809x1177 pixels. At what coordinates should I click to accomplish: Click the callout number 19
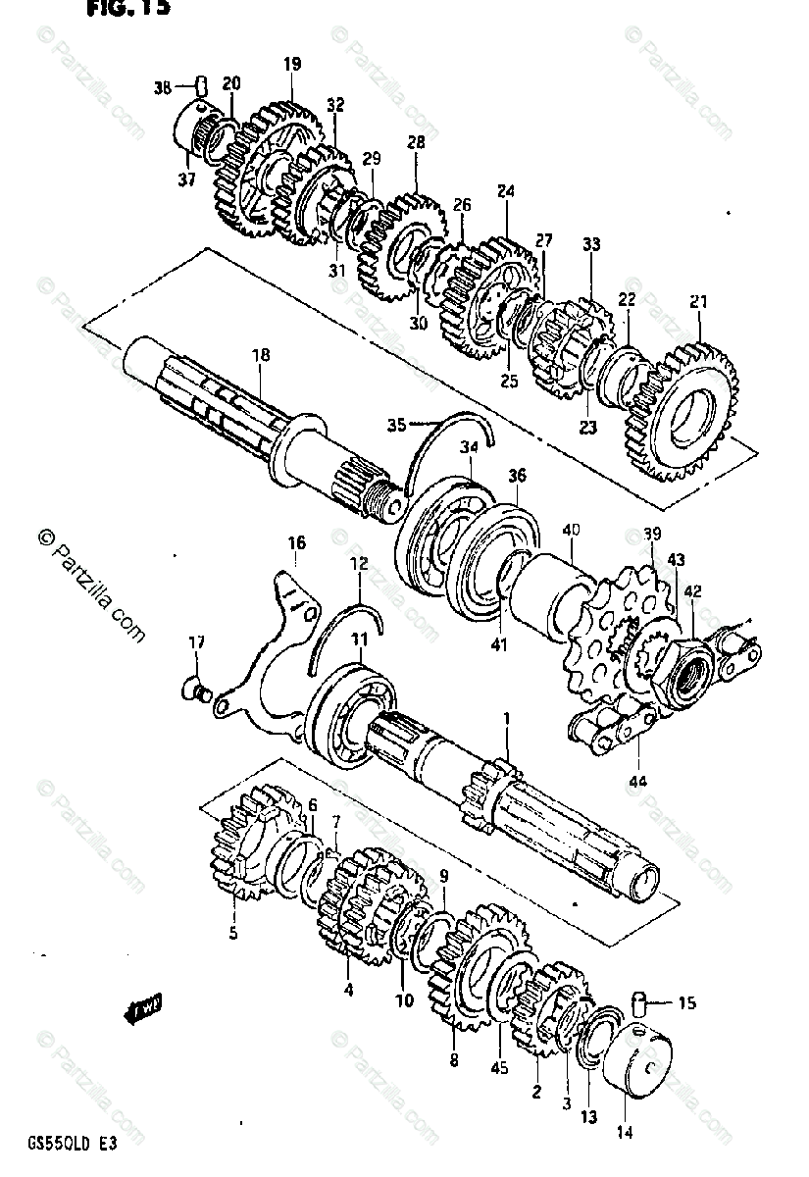coord(292,65)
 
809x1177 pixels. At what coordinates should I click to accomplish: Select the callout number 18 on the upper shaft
coord(260,355)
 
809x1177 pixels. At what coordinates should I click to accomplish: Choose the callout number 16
coord(296,542)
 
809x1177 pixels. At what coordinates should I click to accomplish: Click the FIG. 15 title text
coord(127,9)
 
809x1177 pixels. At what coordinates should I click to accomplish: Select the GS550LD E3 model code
coord(70,1144)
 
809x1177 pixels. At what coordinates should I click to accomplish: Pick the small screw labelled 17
coord(195,689)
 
